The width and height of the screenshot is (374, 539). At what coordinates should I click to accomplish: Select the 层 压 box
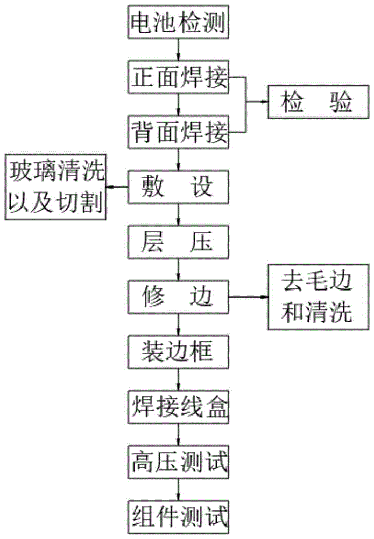179,242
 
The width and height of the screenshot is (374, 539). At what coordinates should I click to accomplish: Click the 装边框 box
179,351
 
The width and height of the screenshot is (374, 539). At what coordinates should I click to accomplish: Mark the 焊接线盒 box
179,406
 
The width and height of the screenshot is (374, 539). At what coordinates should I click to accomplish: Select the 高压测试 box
179,461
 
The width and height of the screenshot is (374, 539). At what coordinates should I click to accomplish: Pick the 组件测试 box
179,515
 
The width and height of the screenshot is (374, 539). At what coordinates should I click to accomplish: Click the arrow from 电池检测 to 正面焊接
179,51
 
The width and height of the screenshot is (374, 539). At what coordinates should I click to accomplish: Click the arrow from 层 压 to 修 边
179,269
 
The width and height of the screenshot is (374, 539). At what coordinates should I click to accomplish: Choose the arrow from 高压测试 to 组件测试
179,488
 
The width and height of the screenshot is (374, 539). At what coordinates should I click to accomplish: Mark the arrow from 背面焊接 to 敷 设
179,160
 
